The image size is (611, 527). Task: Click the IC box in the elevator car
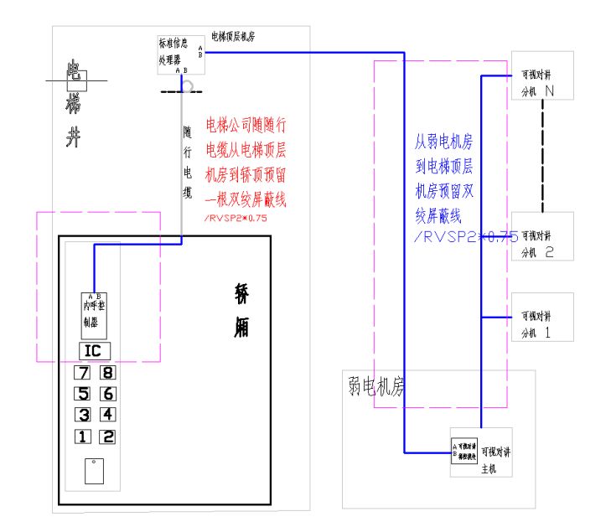(94, 351)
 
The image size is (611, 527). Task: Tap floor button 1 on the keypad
(82, 437)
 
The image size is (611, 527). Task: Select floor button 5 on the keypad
(82, 394)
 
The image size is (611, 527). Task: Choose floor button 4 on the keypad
(108, 415)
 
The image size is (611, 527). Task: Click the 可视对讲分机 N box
(543, 75)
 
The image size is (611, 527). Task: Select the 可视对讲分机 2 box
(543, 237)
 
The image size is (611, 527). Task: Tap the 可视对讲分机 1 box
(543, 317)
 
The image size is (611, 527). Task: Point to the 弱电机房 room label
(375, 386)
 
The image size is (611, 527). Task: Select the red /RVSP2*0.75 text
(235, 219)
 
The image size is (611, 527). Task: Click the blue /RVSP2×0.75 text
(464, 237)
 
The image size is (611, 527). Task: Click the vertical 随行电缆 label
(189, 162)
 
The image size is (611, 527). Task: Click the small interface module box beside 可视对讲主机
(464, 452)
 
